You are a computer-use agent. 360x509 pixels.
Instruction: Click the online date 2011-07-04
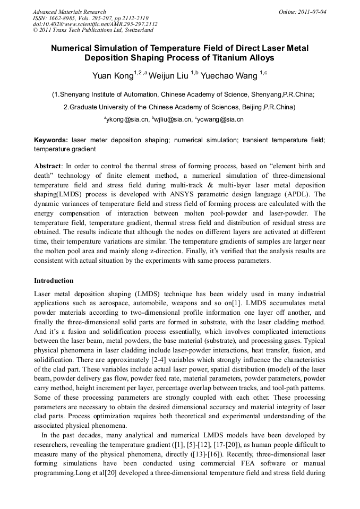click(x=311, y=12)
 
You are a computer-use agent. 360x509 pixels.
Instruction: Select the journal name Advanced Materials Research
click(x=70, y=12)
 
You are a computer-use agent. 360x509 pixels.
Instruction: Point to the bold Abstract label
click(x=48, y=166)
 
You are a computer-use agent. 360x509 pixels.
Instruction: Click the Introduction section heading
click(x=54, y=280)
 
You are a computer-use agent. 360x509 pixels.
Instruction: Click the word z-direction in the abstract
click(x=188, y=251)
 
